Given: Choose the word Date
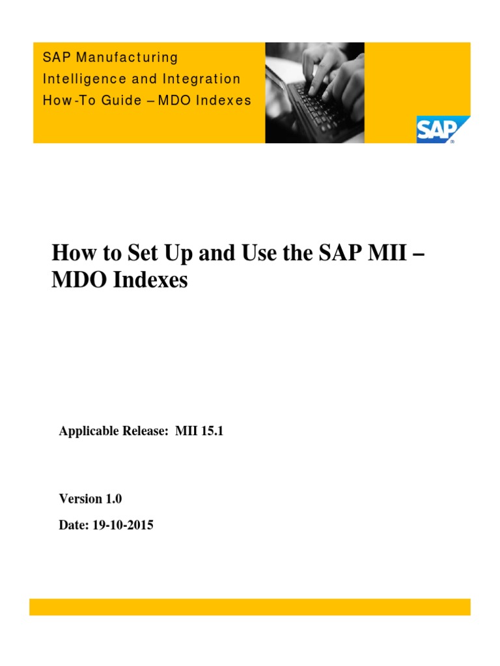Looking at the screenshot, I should point(72,526).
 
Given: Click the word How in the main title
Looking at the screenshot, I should point(72,253).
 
